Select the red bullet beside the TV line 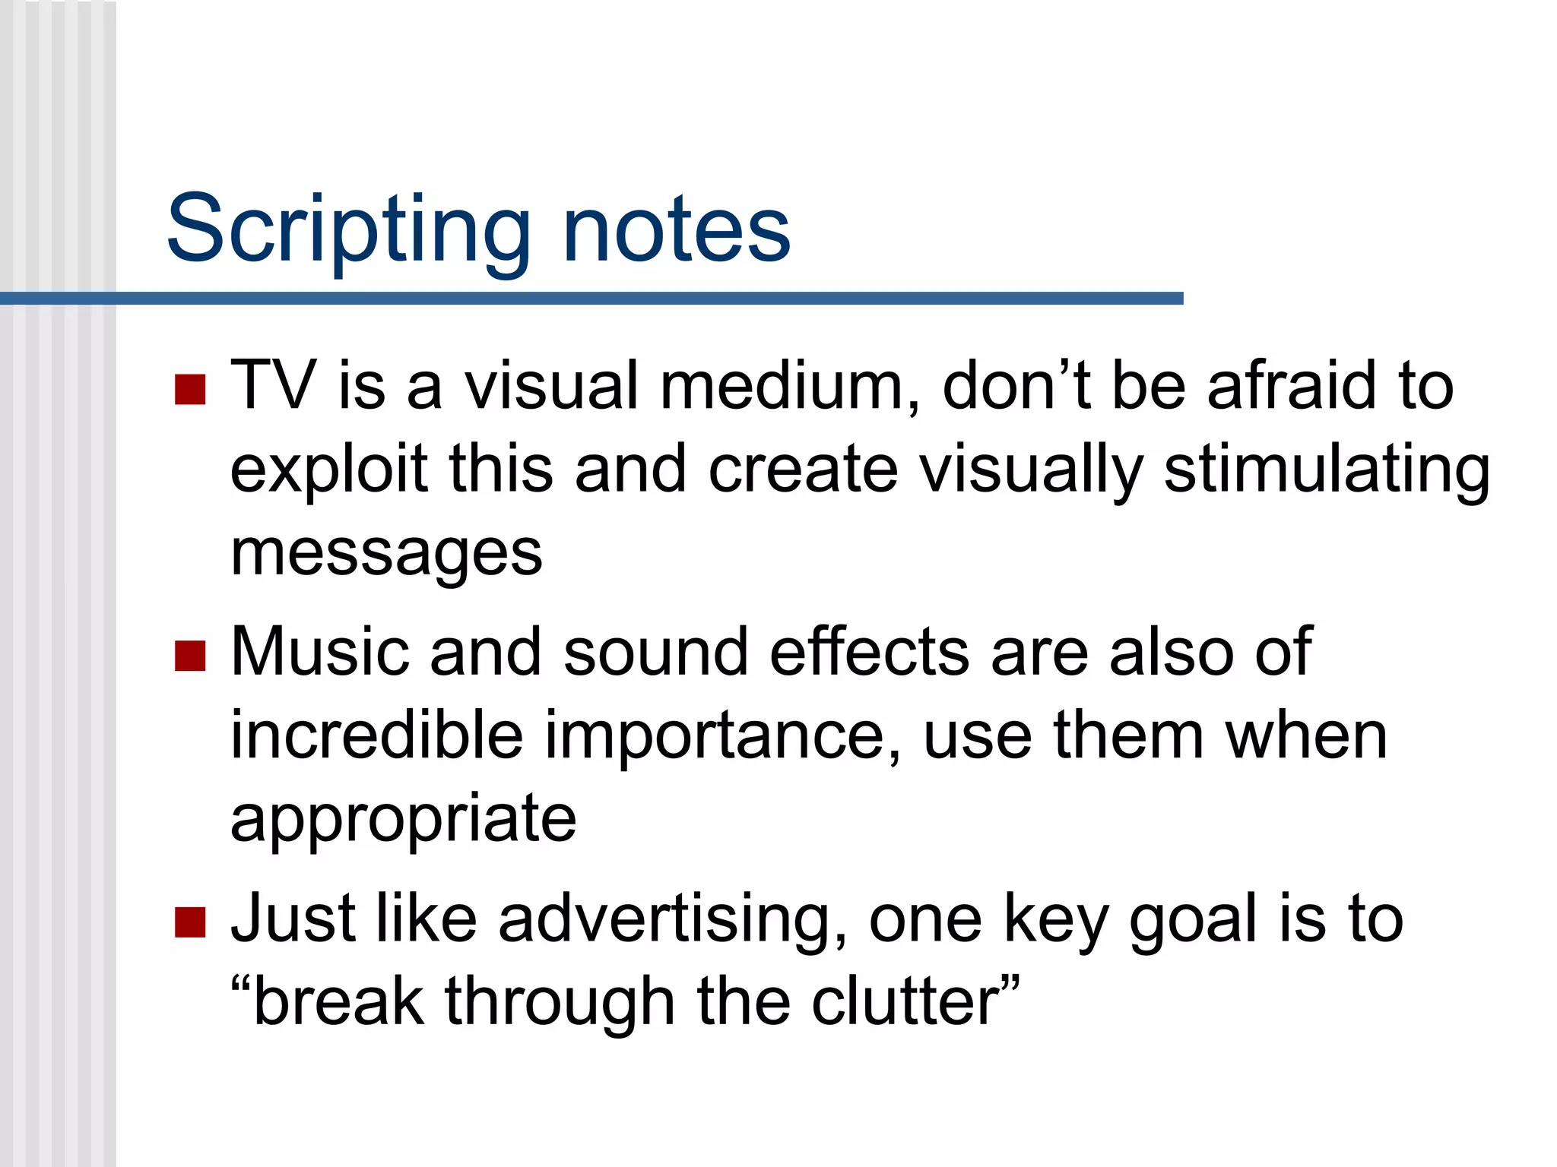tap(190, 389)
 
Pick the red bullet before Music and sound tap(190, 656)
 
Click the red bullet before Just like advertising tap(190, 922)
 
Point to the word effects tap(869, 652)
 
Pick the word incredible tap(377, 735)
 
